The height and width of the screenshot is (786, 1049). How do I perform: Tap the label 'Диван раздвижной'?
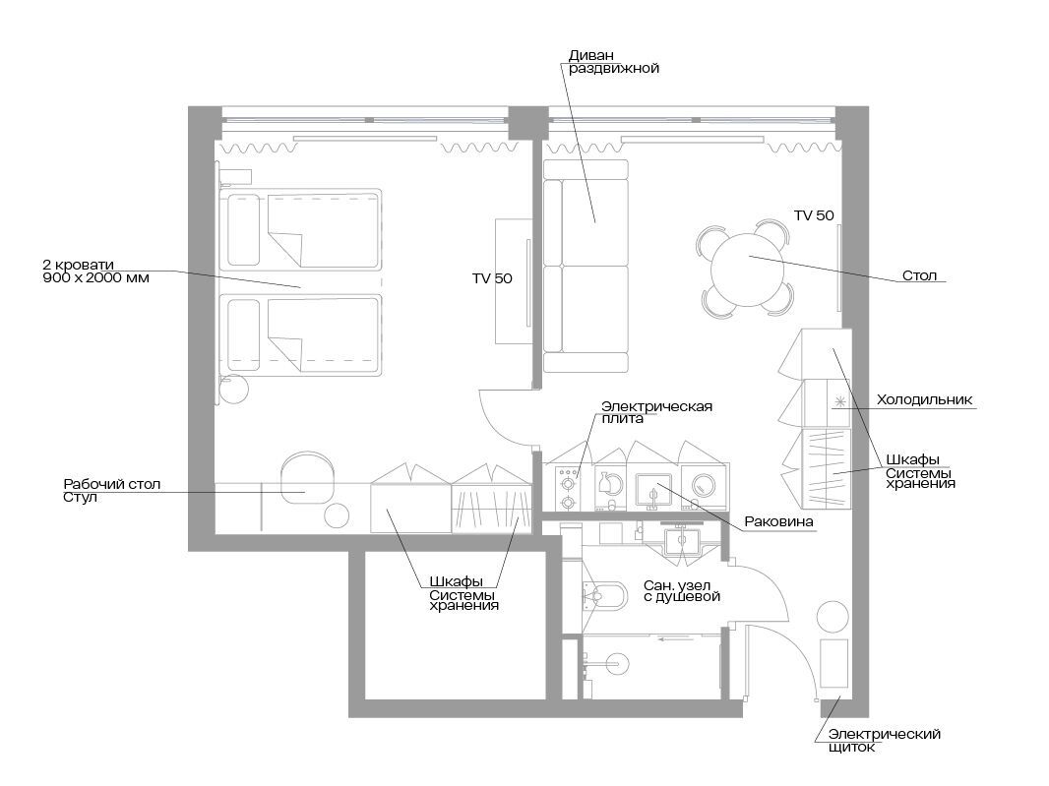click(x=613, y=62)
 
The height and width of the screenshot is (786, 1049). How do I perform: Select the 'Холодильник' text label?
click(x=924, y=400)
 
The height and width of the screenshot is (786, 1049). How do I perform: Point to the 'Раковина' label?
click(x=778, y=521)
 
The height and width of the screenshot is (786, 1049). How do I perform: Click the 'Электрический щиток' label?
click(x=884, y=741)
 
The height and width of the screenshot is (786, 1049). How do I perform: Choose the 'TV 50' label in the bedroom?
click(x=492, y=278)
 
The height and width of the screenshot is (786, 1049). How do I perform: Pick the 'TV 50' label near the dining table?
click(x=814, y=215)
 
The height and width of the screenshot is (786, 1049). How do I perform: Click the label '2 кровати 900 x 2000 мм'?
click(x=95, y=271)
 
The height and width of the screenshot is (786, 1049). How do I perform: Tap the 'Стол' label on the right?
click(x=919, y=275)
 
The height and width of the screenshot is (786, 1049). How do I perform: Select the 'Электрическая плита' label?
click(x=656, y=412)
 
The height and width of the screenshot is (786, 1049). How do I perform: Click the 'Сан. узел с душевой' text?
click(x=682, y=590)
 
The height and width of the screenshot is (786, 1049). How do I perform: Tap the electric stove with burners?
click(x=569, y=488)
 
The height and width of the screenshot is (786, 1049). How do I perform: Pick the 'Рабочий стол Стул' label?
click(x=112, y=490)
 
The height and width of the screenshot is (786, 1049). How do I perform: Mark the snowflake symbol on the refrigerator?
click(x=839, y=401)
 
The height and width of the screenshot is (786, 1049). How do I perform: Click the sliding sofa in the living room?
click(x=586, y=266)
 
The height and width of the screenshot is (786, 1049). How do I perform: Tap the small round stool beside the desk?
click(x=337, y=515)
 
